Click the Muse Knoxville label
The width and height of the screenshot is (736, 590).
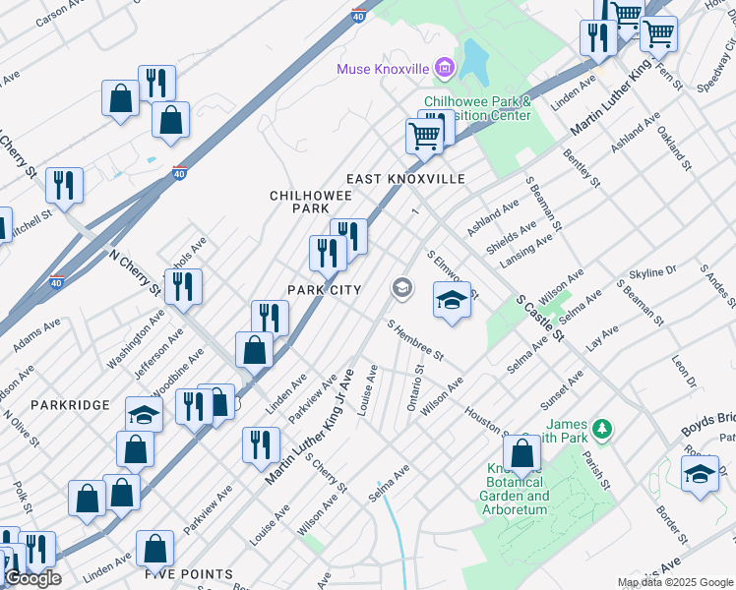383,69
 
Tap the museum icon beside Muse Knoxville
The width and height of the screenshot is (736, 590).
445,68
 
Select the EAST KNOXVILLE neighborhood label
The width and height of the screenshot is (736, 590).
405,179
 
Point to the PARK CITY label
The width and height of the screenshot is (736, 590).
326,289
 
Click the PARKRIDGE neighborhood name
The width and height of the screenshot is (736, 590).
62,404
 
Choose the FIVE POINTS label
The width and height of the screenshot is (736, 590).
189,573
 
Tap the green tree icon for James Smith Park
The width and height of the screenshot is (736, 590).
603,429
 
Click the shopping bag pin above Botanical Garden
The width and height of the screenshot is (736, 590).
521,452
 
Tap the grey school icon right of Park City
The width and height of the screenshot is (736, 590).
401,288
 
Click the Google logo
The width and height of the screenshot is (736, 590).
32,578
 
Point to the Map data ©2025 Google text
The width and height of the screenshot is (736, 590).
675,582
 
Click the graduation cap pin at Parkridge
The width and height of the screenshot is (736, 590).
144,413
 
